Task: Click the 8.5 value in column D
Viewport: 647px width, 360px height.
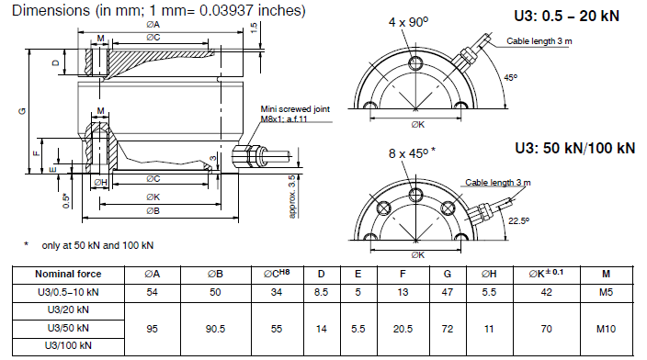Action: click(x=321, y=292)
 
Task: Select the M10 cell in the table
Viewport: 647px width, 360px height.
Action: click(x=606, y=329)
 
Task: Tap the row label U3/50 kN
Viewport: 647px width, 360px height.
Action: click(x=68, y=328)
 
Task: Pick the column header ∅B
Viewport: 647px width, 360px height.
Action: click(x=215, y=275)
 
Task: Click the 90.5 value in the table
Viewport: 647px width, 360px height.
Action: click(x=215, y=329)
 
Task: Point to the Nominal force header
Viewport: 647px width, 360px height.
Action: click(x=68, y=275)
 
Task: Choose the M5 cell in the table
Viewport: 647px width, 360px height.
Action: click(x=606, y=292)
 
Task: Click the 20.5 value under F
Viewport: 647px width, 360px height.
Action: click(x=403, y=329)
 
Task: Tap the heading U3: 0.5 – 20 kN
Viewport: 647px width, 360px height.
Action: click(x=566, y=17)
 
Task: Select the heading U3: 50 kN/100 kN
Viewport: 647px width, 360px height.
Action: click(x=574, y=148)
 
